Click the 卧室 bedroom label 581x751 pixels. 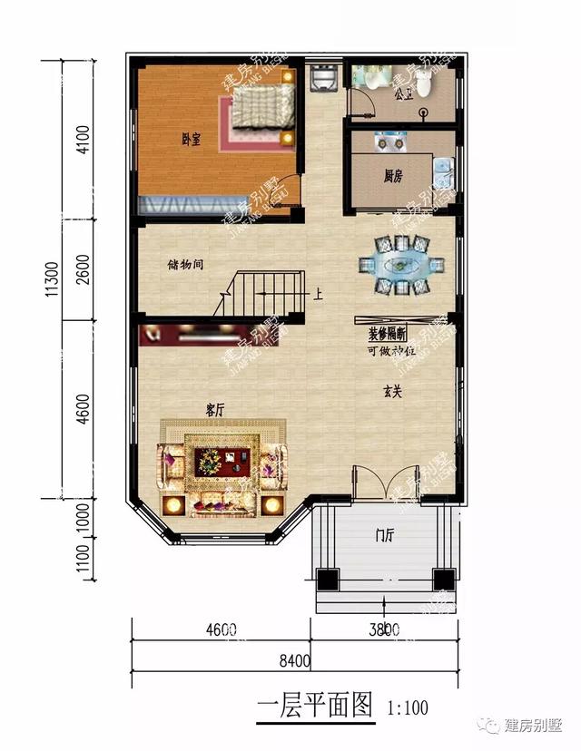pos(191,139)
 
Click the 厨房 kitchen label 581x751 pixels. pos(393,176)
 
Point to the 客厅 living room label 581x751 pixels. pos(214,410)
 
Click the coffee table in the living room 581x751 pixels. pos(222,462)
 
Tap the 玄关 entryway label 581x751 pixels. pos(391,392)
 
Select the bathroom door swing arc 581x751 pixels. pos(363,103)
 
